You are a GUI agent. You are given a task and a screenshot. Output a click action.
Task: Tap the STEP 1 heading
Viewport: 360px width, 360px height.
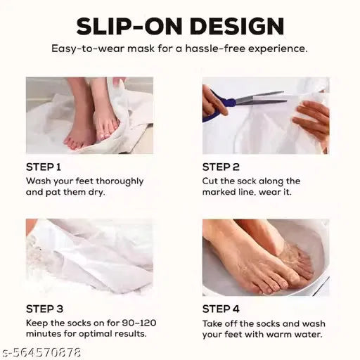click(44, 167)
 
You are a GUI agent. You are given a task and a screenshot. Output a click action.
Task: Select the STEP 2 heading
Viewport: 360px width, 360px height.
click(221, 167)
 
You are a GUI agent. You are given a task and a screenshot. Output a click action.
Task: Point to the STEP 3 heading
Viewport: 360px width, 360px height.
click(44, 309)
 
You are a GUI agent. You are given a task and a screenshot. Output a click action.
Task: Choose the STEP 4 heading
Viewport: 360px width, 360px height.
click(221, 309)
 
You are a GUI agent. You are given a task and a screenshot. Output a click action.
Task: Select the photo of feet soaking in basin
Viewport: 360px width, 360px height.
click(266, 257)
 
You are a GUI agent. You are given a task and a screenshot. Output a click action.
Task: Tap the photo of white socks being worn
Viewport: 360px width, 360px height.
click(89, 257)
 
